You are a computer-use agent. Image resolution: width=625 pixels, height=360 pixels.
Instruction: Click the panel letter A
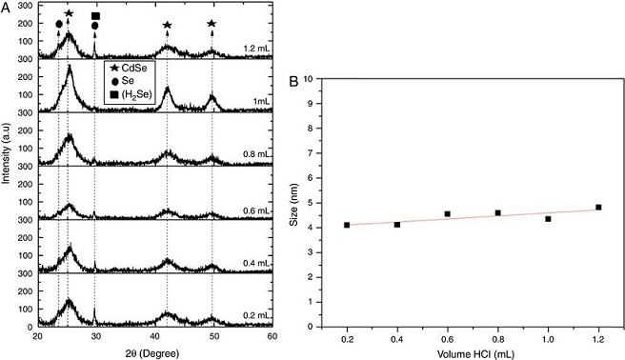[x=6, y=7]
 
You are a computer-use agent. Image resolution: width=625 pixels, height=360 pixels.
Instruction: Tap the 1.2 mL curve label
[x=255, y=48]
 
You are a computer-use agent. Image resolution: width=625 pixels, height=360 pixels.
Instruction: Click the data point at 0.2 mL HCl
[x=347, y=225]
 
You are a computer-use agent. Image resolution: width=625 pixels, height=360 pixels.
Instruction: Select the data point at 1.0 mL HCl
[x=548, y=219]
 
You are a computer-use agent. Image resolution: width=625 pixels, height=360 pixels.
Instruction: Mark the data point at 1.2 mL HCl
[x=598, y=208]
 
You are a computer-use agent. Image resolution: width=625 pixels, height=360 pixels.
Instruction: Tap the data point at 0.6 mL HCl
[x=448, y=214]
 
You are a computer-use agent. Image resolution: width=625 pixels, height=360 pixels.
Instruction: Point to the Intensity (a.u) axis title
[x=7, y=169]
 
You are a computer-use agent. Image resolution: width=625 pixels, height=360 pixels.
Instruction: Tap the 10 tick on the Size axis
[x=317, y=79]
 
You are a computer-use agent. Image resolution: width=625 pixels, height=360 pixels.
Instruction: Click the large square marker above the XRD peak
[x=94, y=16]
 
